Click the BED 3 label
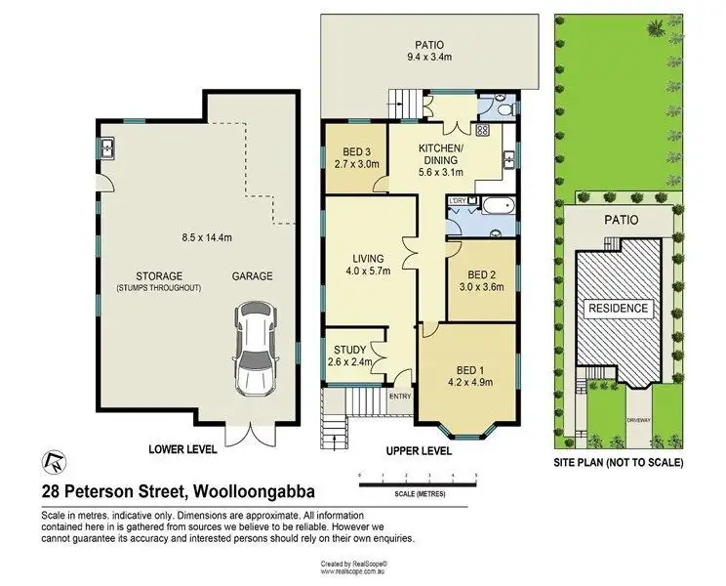(354, 151)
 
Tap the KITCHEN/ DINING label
(439, 153)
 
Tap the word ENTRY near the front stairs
(400, 396)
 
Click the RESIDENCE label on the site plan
(617, 308)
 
